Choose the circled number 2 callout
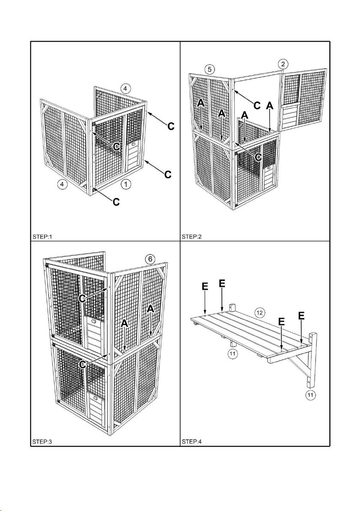click(282, 64)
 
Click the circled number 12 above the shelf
click(259, 313)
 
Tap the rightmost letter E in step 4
click(302, 316)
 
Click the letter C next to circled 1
click(116, 201)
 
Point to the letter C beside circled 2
click(257, 105)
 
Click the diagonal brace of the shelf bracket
click(298, 367)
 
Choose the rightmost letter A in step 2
click(269, 105)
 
